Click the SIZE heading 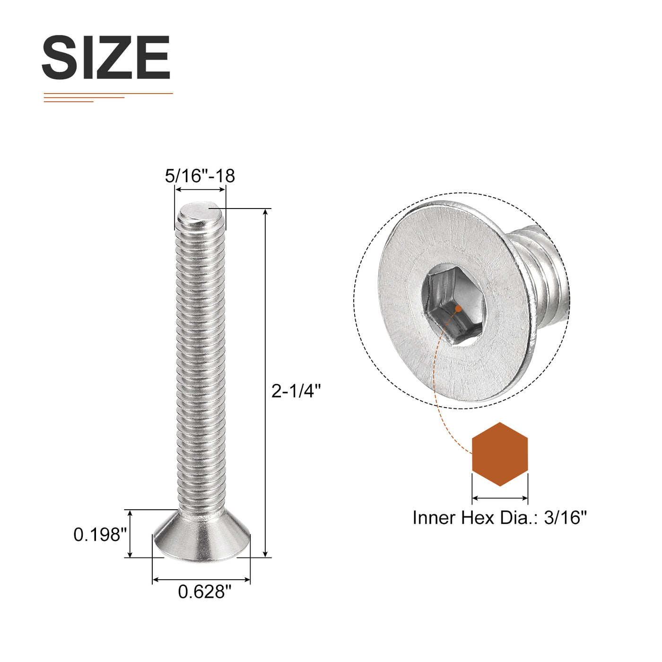[x=106, y=57]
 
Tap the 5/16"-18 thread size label [x=200, y=176]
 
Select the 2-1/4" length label [x=296, y=391]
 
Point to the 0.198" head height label [x=100, y=534]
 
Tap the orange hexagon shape [x=500, y=454]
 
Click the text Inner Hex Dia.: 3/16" [x=499, y=518]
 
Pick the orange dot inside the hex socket [x=458, y=309]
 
